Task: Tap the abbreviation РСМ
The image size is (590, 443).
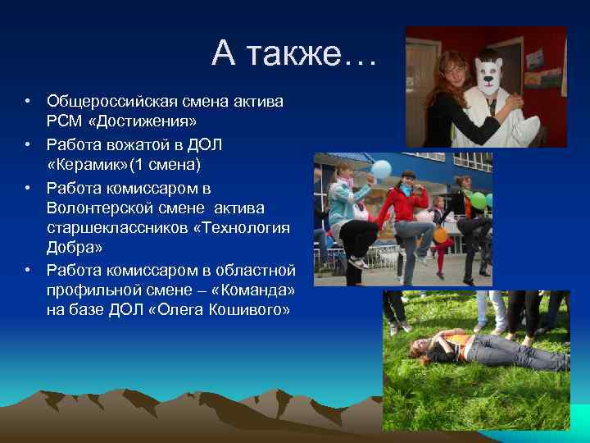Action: pos(63,122)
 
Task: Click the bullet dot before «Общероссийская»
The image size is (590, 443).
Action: pos(27,102)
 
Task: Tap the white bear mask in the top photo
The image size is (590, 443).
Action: pos(488,74)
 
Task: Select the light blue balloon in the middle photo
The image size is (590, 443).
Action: pos(381,170)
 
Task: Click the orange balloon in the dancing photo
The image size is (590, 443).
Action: pos(441,235)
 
